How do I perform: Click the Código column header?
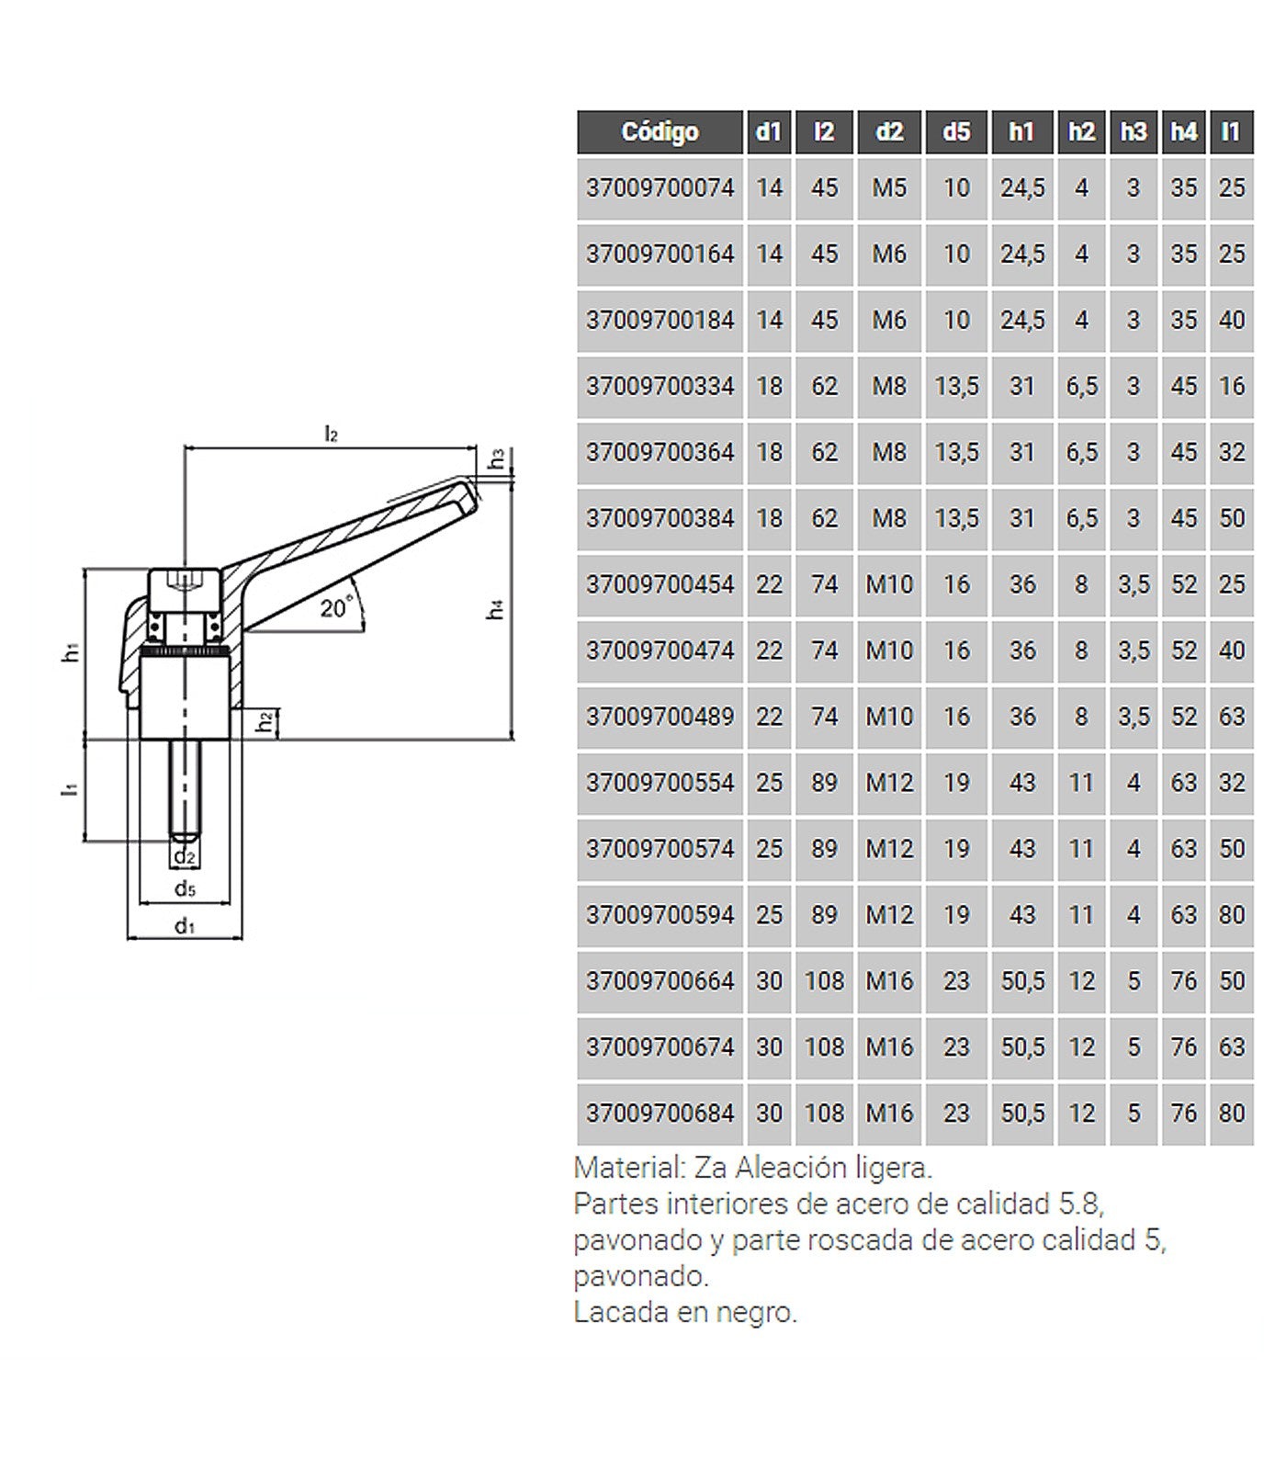[x=660, y=132]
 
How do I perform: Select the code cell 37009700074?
[x=660, y=188]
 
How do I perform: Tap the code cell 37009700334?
[x=660, y=387]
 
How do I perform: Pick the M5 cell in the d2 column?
[x=889, y=188]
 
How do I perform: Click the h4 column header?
[x=1184, y=132]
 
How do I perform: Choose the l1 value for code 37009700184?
[x=1232, y=321]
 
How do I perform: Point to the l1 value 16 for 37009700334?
[x=1232, y=387]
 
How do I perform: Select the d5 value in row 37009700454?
[x=956, y=585]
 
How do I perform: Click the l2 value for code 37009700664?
[x=824, y=982]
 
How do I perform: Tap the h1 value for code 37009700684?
[x=1022, y=1114]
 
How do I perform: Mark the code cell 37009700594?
[x=660, y=916]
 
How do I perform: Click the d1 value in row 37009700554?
[x=769, y=784]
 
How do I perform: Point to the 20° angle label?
[x=337, y=607]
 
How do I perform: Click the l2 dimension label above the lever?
[x=332, y=434]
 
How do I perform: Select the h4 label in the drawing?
[x=496, y=608]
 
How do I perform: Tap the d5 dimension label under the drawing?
[x=186, y=888]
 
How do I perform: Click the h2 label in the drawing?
[x=265, y=722]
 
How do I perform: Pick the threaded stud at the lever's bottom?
[x=186, y=791]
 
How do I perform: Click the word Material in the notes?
[x=629, y=1169]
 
